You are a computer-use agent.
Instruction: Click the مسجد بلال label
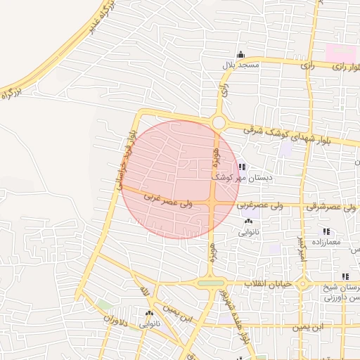(241, 65)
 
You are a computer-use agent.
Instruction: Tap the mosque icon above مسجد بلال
(241, 55)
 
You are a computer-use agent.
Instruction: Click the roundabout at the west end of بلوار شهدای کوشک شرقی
(218, 122)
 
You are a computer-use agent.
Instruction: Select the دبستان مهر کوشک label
(242, 177)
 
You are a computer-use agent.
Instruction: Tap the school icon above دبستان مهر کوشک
(242, 167)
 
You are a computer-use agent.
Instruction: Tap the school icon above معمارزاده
(325, 231)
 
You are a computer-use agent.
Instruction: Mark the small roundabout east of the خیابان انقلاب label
(302, 283)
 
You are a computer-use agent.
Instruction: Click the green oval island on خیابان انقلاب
(210, 283)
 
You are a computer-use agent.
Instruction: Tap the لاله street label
(145, 290)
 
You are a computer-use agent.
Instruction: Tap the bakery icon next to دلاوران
(149, 314)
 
